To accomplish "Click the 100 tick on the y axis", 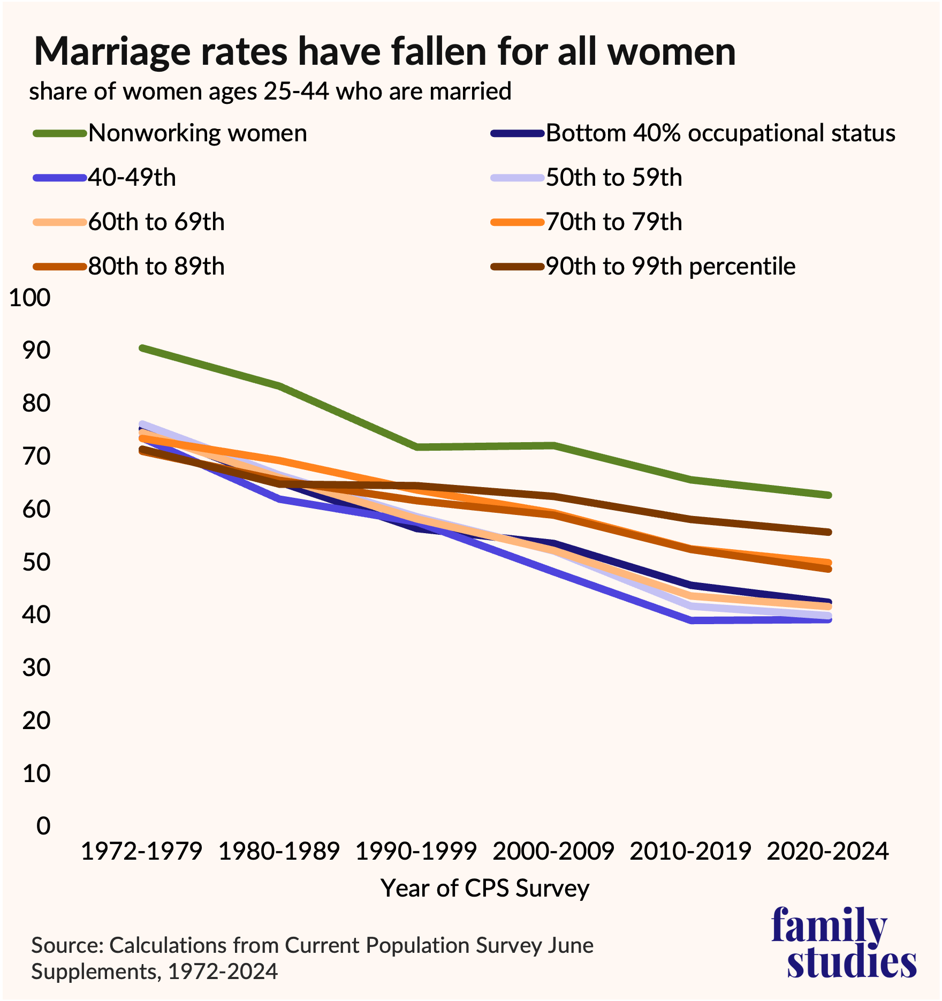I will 30,298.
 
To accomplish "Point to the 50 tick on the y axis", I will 36,562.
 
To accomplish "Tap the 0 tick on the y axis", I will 43,826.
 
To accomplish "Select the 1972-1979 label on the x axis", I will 142,851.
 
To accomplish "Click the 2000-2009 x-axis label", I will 553,851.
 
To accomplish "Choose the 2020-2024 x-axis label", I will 828,851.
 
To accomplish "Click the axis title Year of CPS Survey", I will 485,889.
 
